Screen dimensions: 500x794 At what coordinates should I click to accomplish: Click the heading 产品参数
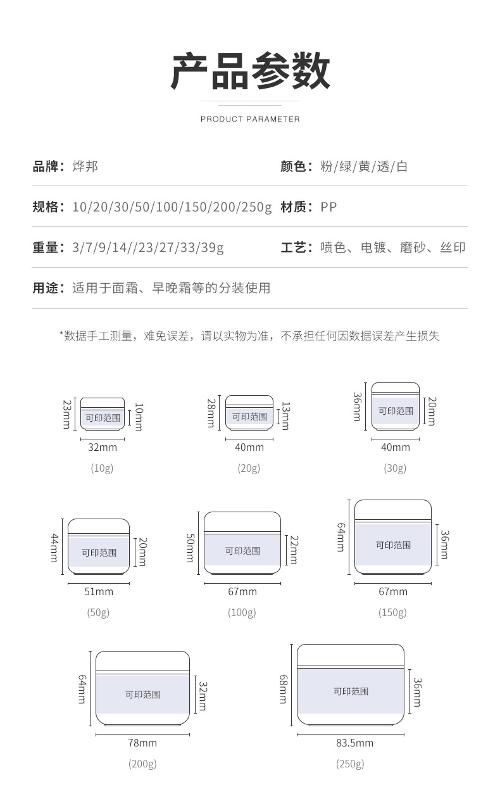250,70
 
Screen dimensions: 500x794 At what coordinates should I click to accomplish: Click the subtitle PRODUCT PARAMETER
250,119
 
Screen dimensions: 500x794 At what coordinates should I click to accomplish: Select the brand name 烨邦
85,167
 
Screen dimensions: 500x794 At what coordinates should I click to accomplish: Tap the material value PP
328,207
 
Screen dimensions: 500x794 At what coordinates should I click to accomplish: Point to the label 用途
46,288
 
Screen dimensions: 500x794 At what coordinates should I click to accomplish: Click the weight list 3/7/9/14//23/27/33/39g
148,248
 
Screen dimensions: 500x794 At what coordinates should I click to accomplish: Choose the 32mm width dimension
103,447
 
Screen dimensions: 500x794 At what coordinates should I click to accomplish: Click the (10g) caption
102,469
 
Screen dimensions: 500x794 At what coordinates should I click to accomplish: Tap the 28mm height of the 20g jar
211,413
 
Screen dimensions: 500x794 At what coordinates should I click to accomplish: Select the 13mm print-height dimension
285,416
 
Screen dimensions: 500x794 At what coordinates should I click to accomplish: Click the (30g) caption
395,469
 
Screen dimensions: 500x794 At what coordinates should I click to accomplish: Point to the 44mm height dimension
54,548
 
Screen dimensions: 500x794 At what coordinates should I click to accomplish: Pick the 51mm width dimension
99,591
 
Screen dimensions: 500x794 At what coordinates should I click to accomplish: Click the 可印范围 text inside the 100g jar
243,550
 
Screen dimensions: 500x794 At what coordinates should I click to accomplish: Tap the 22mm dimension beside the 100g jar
294,550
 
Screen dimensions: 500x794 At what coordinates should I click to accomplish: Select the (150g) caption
392,612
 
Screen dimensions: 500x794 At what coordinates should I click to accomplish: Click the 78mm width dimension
142,743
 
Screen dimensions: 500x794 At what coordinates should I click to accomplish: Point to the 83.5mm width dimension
354,743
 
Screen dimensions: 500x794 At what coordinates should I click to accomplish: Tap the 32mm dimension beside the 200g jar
203,696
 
